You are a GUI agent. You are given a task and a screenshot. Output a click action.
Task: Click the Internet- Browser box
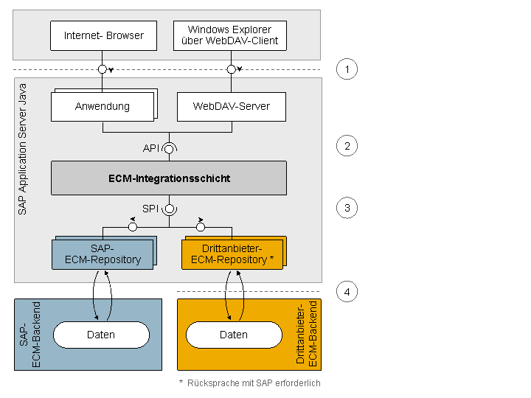(104, 35)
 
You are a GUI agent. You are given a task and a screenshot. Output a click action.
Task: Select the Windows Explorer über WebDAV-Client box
(230, 35)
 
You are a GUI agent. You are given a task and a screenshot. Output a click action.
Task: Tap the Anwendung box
(103, 107)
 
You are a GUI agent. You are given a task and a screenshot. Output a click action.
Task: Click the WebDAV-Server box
(232, 107)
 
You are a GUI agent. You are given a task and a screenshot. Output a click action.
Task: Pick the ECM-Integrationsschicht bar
(169, 178)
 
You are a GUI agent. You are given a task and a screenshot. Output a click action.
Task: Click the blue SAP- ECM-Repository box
(103, 254)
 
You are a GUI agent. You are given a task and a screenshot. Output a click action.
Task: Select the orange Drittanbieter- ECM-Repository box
(232, 254)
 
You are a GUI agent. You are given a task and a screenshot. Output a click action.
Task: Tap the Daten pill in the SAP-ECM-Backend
(101, 335)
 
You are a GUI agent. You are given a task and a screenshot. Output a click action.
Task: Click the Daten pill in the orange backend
(234, 335)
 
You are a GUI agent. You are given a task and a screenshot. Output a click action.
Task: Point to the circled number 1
(347, 69)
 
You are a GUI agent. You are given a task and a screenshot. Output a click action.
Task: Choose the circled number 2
(347, 146)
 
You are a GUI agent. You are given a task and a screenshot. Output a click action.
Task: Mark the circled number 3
(347, 208)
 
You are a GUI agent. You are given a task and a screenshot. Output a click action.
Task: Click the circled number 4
(347, 292)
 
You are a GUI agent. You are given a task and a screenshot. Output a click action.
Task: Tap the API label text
(151, 148)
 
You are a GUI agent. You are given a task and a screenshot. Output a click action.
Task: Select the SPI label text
(150, 209)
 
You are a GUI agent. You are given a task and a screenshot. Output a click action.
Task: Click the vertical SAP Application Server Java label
(22, 149)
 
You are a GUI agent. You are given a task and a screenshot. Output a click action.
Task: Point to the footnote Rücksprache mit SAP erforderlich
(254, 383)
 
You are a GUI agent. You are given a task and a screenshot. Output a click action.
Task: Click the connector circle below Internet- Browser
(103, 69)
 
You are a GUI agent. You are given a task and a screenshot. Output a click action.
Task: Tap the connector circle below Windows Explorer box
(232, 69)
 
